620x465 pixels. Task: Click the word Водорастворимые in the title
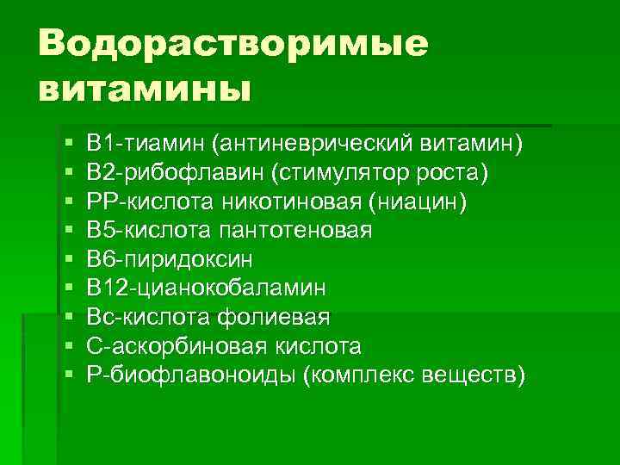232,44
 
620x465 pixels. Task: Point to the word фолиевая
285,317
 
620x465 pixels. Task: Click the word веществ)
477,375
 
